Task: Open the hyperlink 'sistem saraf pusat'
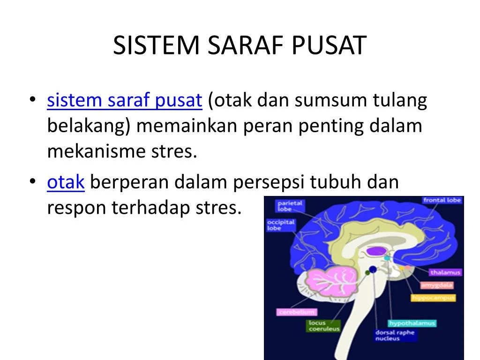point(124,101)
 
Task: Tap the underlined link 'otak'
point(66,182)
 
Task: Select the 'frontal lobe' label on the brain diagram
point(442,200)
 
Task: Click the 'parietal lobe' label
point(290,206)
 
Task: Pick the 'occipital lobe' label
point(281,225)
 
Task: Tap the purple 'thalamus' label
point(445,272)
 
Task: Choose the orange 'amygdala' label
point(436,285)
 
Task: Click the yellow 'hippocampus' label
point(434,298)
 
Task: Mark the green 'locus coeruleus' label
point(323,326)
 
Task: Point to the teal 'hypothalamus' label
point(412,323)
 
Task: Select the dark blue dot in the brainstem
point(373,269)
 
